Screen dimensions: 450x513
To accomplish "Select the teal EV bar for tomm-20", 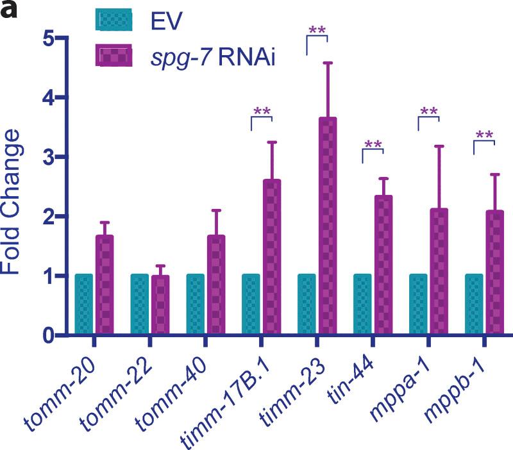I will pyautogui.click(x=84, y=304).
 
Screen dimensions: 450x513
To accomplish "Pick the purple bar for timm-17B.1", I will pyautogui.click(x=272, y=257).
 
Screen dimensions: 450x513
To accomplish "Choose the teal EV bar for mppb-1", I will pyautogui.click(x=473, y=304).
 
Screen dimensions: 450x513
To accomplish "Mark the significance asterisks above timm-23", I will pyautogui.click(x=317, y=31).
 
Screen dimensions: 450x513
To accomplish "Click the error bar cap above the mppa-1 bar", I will pyautogui.click(x=439, y=147).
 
